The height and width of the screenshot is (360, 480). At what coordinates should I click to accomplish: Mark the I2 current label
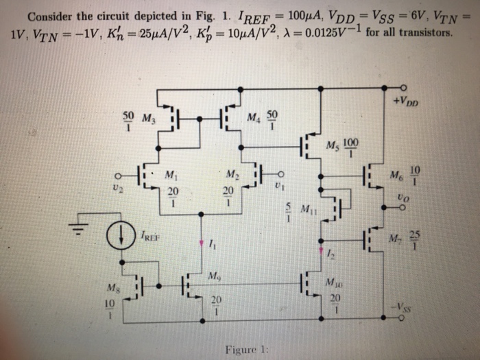point(330,255)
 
